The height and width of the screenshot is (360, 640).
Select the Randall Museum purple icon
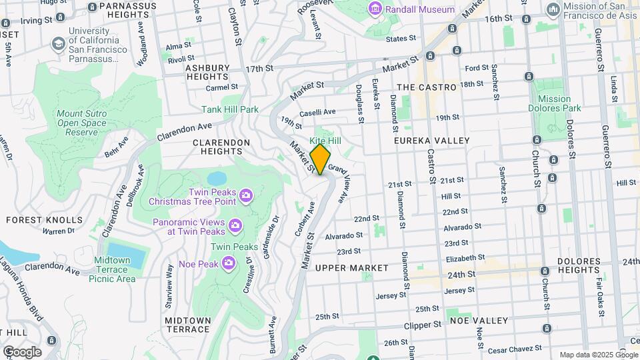(376, 9)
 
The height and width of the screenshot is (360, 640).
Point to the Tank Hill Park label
(230, 109)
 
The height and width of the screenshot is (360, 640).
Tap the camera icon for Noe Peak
(229, 263)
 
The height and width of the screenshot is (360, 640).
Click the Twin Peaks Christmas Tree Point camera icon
(246, 195)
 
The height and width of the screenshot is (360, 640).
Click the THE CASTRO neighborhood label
(426, 87)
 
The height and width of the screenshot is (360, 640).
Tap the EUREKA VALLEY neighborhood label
(431, 141)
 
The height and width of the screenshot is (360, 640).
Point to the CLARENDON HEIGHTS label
(221, 143)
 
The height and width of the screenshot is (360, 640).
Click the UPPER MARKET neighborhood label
(351, 267)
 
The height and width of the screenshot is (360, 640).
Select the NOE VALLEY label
(479, 320)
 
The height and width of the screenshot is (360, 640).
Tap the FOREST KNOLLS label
(44, 219)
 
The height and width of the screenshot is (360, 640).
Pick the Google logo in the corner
(22, 351)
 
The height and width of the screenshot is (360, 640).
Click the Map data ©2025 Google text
(597, 355)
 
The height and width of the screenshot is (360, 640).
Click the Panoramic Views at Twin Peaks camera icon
(235, 227)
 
